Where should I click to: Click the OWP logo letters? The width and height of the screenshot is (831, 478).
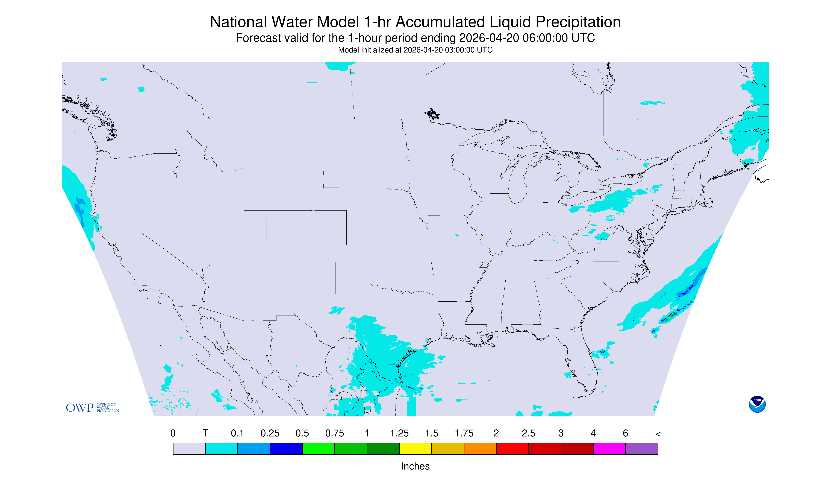[x=80, y=408]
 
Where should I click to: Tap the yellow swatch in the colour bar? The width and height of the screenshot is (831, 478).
[x=415, y=448]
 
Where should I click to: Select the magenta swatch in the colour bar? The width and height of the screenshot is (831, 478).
[x=609, y=448]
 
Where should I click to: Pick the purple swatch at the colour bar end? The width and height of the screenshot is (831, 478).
[x=642, y=448]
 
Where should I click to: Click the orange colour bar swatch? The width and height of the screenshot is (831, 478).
[x=480, y=448]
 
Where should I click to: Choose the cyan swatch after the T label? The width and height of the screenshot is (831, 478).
[x=222, y=448]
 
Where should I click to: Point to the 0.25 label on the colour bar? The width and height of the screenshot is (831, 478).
[x=270, y=433]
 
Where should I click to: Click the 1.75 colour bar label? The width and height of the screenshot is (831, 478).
[x=464, y=433]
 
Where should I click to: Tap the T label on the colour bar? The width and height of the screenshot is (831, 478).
[x=205, y=433]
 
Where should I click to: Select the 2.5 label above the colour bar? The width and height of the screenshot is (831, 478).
[x=529, y=433]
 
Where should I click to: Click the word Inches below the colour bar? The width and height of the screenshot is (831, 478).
[x=415, y=466]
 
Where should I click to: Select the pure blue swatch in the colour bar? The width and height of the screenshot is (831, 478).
[x=286, y=448]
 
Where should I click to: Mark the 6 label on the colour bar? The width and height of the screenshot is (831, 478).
[x=625, y=433]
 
